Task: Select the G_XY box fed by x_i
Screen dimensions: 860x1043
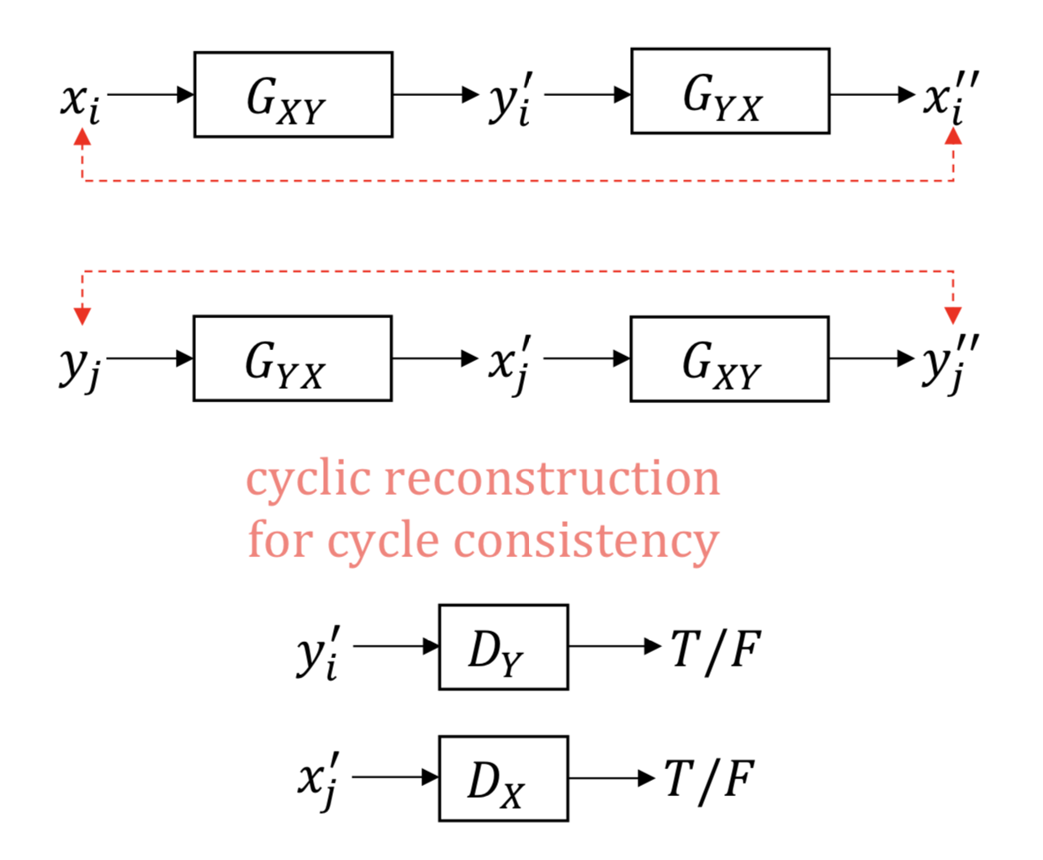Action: [293, 94]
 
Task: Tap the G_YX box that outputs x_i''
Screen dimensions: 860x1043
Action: [730, 91]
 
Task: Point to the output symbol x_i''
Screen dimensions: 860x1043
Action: [951, 98]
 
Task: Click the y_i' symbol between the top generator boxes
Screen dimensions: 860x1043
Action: [511, 99]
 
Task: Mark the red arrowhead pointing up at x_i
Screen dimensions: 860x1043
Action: [82, 137]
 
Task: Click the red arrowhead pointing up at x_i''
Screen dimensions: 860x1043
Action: [953, 136]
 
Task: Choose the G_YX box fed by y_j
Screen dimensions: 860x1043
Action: [292, 358]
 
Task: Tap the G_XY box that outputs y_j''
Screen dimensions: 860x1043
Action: [729, 359]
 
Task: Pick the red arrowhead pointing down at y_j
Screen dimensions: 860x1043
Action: [82, 316]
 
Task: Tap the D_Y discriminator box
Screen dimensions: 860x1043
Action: [503, 647]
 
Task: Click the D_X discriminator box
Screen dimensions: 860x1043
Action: [503, 778]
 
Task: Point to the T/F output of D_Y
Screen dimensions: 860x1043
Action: [715, 650]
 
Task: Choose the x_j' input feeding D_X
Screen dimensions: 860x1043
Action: [320, 782]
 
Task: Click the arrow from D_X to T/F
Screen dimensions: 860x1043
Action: [612, 778]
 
